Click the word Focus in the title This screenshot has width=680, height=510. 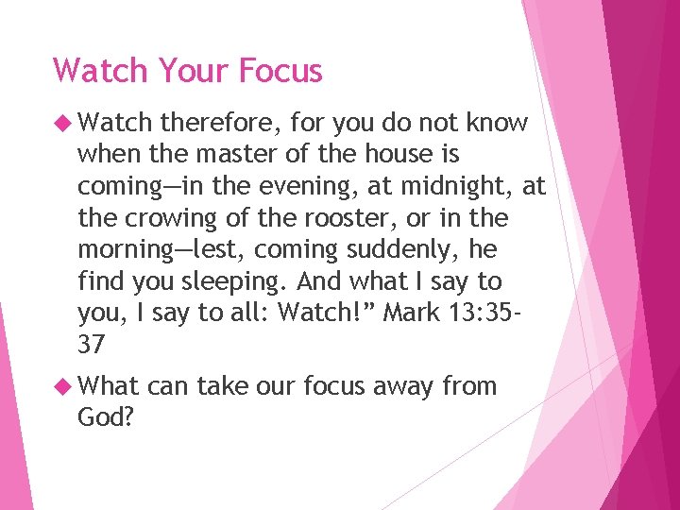point(281,71)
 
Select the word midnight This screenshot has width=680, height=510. point(448,187)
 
